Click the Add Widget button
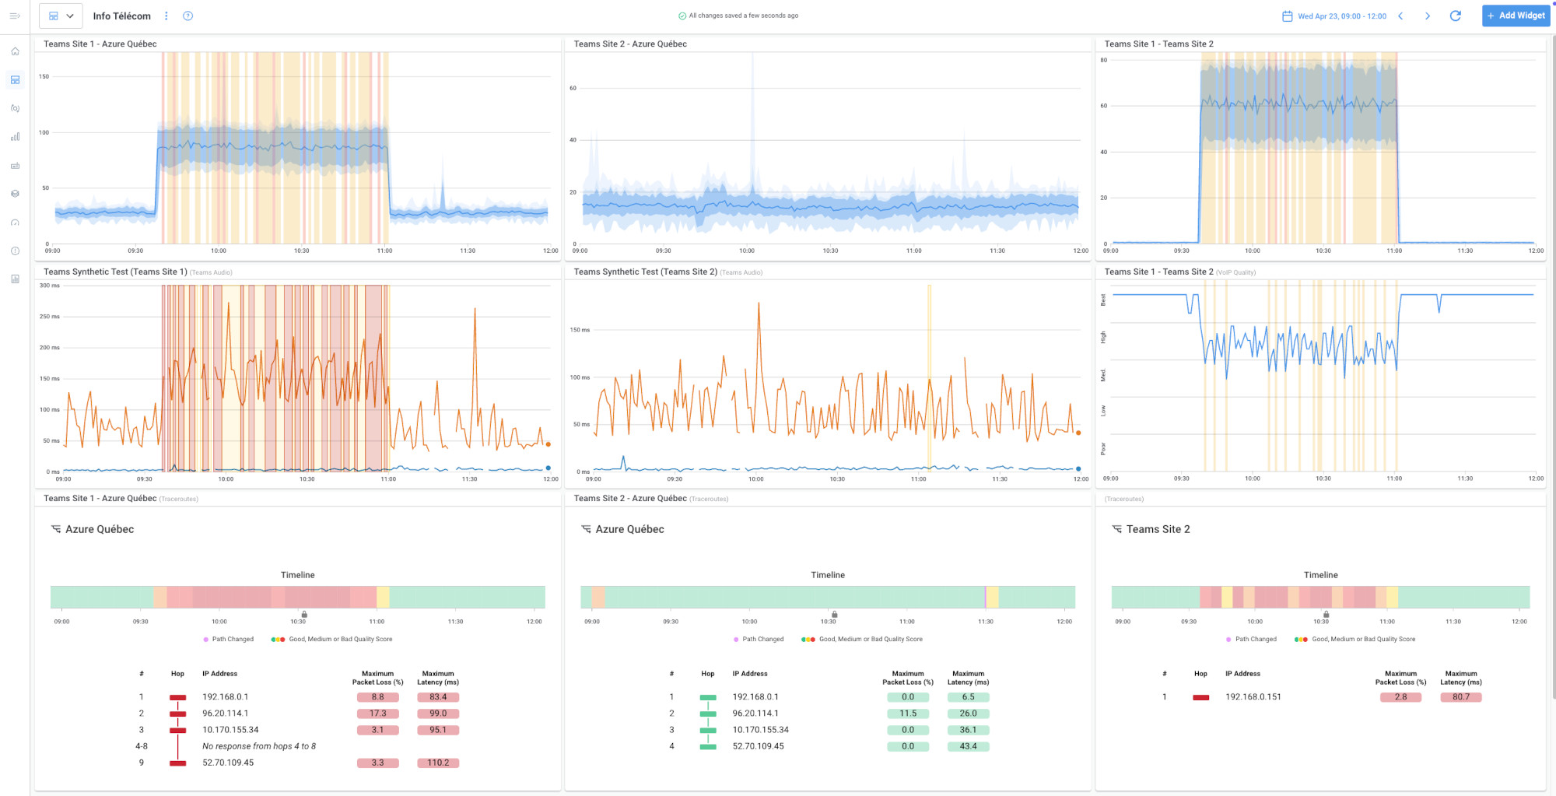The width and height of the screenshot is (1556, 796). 1516,16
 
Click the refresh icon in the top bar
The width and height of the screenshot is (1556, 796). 1455,16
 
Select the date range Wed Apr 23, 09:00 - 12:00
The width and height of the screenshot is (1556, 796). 1341,16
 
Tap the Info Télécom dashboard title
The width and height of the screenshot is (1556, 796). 121,16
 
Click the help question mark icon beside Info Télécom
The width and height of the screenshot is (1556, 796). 187,16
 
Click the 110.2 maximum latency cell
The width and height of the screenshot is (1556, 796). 438,763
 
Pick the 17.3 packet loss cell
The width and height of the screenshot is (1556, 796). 377,714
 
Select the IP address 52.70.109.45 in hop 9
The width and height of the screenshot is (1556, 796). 228,763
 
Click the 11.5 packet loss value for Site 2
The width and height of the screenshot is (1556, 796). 908,714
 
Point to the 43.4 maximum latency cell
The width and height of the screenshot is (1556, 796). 968,746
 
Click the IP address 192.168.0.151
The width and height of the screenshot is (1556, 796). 1253,697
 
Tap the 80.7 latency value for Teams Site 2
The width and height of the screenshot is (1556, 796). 1460,697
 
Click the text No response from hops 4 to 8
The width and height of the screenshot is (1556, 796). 259,746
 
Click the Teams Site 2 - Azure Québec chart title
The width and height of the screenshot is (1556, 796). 630,44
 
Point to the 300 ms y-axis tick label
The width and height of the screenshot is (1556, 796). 50,286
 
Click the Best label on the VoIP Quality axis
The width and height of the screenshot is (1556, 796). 1103,300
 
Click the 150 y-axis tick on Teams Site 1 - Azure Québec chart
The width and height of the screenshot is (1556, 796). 44,76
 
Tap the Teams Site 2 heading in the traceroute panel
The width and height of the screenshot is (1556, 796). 1158,529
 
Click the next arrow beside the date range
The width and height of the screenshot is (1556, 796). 1427,16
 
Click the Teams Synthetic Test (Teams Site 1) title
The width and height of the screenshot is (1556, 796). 115,272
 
